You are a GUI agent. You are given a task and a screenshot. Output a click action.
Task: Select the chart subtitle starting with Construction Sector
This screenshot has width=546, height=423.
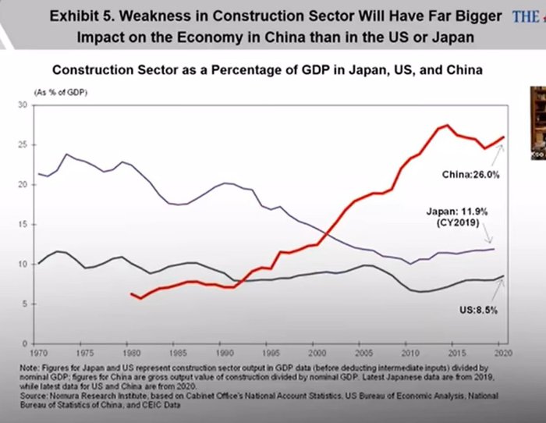[269, 69]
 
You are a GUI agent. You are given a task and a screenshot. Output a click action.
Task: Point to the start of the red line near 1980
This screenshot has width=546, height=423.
[131, 293]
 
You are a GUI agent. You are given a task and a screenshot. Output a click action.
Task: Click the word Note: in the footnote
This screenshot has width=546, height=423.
[34, 365]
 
